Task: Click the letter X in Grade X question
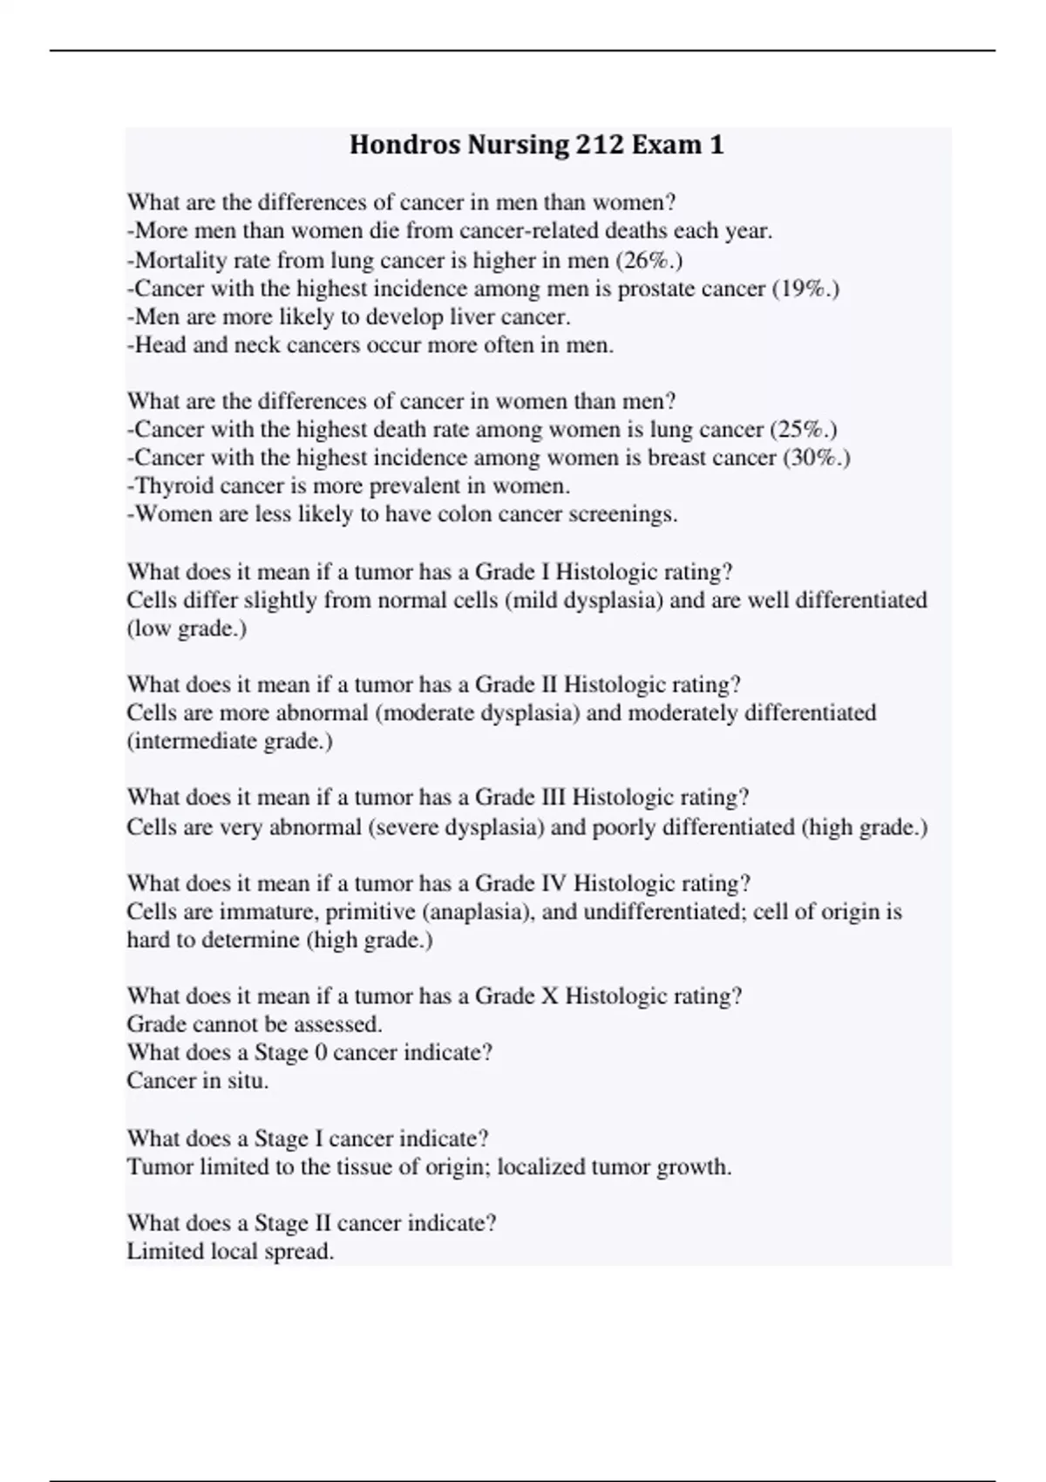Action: coord(549,996)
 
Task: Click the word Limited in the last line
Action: coord(161,1251)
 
